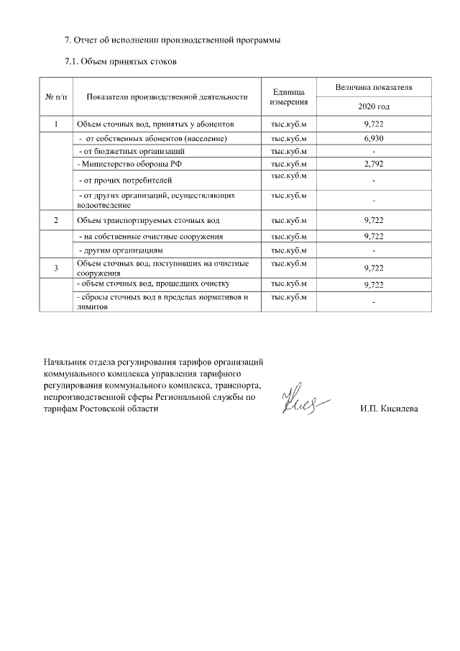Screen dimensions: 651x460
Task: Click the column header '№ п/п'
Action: pos(55,96)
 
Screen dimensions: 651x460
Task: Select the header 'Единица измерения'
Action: pos(289,97)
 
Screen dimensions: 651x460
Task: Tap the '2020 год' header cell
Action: pos(373,106)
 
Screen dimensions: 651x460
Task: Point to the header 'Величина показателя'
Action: pos(373,87)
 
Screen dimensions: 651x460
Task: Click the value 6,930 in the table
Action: pos(374,137)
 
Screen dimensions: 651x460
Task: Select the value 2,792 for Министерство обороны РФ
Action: pos(374,164)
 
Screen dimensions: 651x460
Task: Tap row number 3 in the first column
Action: pos(55,268)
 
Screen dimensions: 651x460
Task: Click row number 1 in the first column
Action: pos(55,124)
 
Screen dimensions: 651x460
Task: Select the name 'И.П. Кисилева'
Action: pos(389,409)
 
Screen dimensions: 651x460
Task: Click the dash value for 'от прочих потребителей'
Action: pos(374,180)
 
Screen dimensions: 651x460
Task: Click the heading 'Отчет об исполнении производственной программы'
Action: pos(172,40)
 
